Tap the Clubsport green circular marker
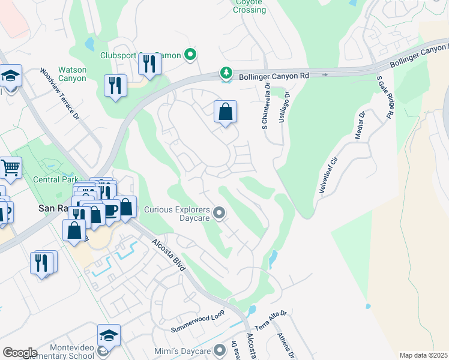pyautogui.click(x=190, y=56)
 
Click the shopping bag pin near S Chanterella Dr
pyautogui.click(x=225, y=112)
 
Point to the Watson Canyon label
pyautogui.click(x=72, y=74)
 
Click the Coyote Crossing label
pyautogui.click(x=249, y=6)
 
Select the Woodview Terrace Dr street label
pyautogui.click(x=59, y=93)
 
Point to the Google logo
pyautogui.click(x=20, y=352)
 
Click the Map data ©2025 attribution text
pyautogui.click(x=423, y=355)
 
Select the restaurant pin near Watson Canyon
pyautogui.click(x=114, y=85)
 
